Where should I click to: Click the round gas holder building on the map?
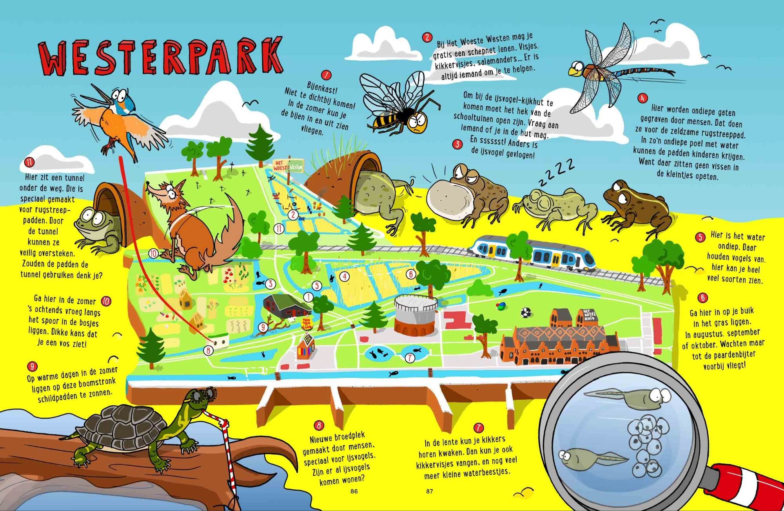(412, 314)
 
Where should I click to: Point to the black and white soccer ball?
(525, 312)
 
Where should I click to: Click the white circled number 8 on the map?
(209, 350)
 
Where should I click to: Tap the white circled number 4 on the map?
(344, 276)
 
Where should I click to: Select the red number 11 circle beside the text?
(29, 162)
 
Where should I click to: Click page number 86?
(354, 491)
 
